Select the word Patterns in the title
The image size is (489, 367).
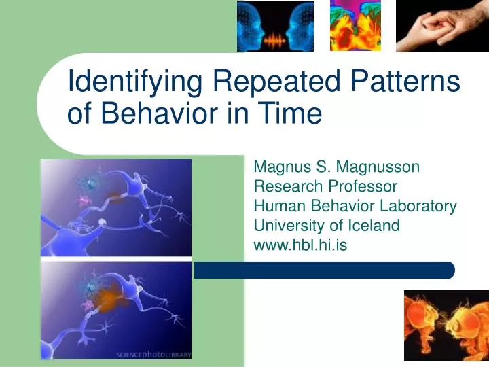click(405, 83)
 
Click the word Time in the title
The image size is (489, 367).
click(289, 113)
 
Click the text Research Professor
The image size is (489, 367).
click(325, 186)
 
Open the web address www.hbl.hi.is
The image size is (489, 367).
click(300, 245)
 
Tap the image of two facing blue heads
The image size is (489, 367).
click(275, 26)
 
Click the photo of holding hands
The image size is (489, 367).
click(441, 26)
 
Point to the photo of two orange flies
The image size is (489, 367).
click(446, 325)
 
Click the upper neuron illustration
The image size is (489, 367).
click(116, 207)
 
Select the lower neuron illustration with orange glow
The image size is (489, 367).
click(116, 309)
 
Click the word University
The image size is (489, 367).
click(285, 226)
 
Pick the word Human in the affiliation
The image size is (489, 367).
click(274, 206)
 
